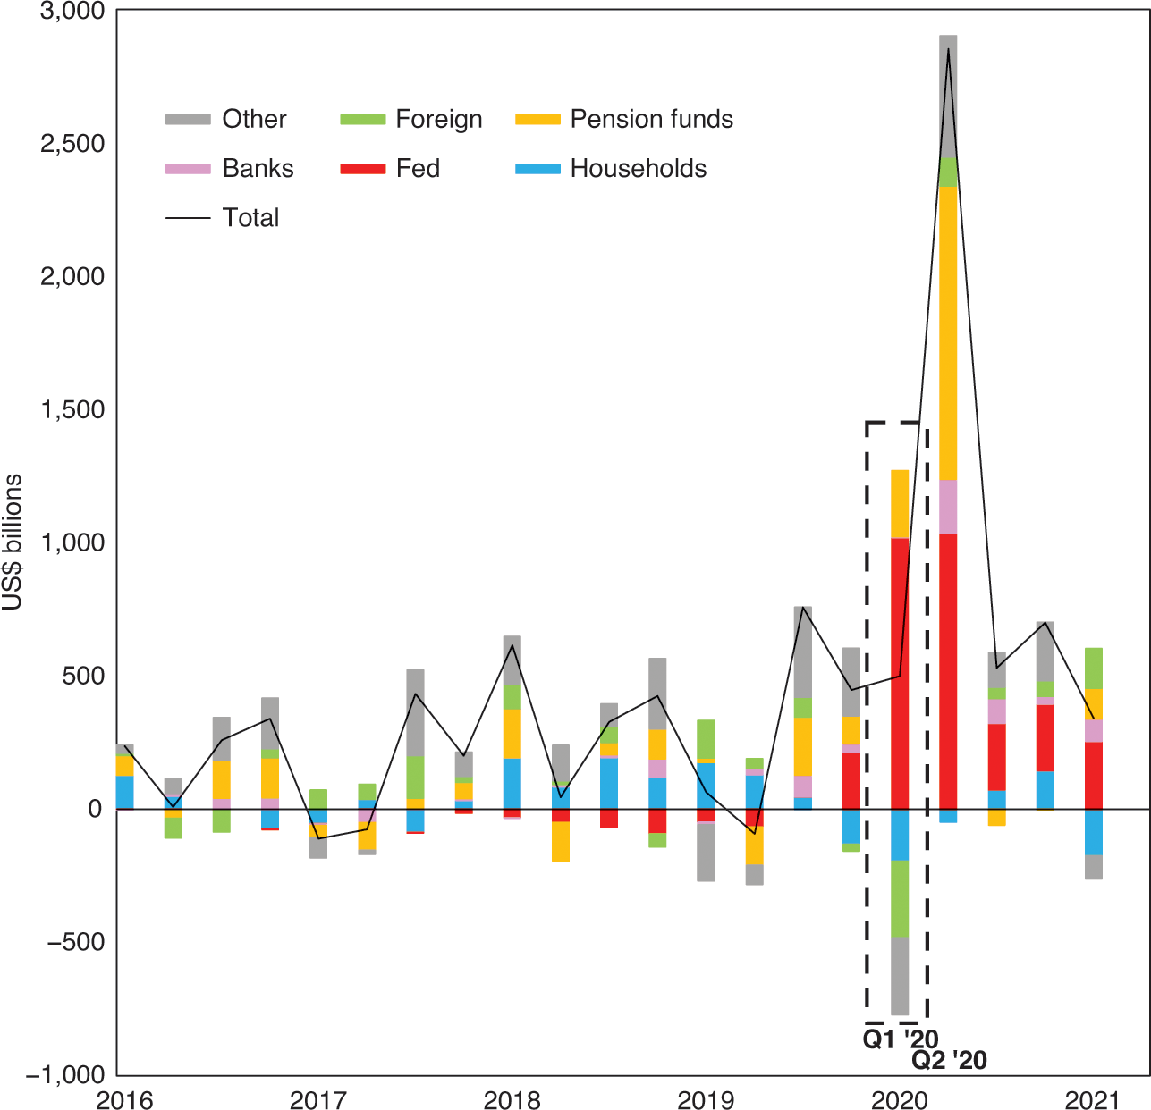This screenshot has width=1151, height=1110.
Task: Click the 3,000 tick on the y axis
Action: (x=72, y=11)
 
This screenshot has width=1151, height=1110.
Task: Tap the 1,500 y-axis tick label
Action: (x=72, y=409)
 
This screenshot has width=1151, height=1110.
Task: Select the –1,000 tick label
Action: (x=65, y=1074)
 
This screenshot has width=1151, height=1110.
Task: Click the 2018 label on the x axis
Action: (x=512, y=1099)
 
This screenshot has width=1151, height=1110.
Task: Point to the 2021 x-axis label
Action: (x=1093, y=1099)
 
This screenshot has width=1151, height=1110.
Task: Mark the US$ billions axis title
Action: (x=13, y=542)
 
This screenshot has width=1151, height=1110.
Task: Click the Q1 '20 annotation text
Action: (x=900, y=1039)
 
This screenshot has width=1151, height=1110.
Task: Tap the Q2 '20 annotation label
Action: (x=949, y=1060)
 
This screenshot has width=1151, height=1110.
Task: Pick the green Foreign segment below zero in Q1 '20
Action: (x=900, y=898)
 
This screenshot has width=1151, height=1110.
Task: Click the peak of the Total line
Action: (x=948, y=49)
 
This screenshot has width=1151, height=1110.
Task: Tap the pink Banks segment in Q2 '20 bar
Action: (x=948, y=507)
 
